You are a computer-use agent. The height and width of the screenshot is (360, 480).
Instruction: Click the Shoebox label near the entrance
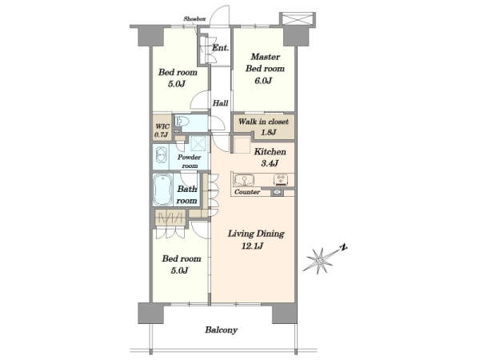click(x=194, y=19)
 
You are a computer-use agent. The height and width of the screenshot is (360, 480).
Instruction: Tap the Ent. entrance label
click(x=220, y=48)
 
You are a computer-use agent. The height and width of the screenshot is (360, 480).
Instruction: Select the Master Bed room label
click(x=265, y=62)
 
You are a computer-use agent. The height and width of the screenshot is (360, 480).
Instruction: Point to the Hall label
click(x=221, y=103)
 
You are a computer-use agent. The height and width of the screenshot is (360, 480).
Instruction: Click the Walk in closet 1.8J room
click(x=263, y=126)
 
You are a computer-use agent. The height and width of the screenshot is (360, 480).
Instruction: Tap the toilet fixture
click(x=181, y=122)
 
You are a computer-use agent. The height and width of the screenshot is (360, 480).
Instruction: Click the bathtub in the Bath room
click(x=162, y=190)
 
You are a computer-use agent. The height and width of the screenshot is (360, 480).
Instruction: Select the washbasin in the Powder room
click(x=161, y=155)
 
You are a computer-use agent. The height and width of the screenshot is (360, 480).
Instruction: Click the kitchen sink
click(x=244, y=180)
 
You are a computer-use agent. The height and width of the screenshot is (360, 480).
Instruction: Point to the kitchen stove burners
click(x=281, y=179)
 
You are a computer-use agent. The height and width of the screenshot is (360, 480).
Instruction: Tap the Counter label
click(x=247, y=192)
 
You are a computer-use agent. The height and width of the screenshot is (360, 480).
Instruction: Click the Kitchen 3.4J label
click(x=270, y=158)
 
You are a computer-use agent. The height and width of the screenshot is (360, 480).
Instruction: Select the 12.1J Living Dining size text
click(x=252, y=246)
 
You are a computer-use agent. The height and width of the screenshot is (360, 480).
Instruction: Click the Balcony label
click(x=221, y=330)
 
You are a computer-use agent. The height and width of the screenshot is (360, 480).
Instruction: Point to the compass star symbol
click(x=319, y=261)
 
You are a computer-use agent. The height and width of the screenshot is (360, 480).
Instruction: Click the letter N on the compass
click(x=344, y=247)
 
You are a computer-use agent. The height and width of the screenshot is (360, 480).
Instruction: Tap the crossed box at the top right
click(x=298, y=19)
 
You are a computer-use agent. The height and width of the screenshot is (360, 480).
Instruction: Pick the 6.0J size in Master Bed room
click(x=263, y=81)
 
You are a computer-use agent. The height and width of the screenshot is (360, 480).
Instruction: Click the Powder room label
click(x=189, y=162)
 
